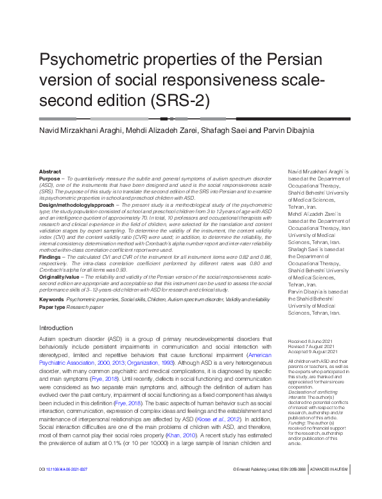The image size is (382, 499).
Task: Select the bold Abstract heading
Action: [x=50, y=172]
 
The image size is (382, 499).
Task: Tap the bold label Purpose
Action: [x=49, y=179]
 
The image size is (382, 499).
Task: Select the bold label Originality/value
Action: [x=59, y=277]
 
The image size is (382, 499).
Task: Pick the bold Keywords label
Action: [x=51, y=300]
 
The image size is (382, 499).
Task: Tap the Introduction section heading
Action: [x=56, y=328]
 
